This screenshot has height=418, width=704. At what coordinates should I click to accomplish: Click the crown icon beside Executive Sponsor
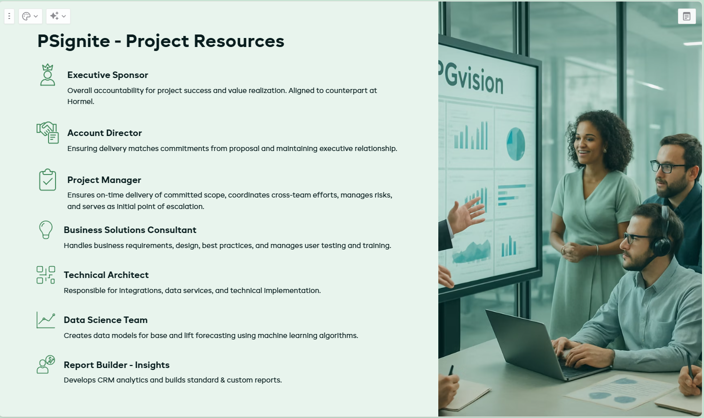pos(48,74)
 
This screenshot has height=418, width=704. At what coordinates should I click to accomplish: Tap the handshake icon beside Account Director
pos(48,132)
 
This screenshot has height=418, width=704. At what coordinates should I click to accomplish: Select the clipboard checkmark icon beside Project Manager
pos(48,179)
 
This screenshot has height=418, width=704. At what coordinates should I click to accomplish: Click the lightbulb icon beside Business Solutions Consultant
pos(46,229)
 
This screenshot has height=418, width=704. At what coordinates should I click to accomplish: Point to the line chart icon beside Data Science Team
pos(46,320)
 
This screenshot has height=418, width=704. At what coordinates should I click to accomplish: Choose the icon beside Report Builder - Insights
pos(46,364)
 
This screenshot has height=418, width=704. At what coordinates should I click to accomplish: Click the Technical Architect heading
pos(106,275)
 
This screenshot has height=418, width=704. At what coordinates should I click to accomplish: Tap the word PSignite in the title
pos(74,41)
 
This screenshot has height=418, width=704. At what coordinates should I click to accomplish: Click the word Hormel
pos(81,101)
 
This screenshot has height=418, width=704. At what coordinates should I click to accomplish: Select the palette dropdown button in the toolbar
pos(30,16)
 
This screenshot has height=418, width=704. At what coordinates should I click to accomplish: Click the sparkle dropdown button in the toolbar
pos(58,16)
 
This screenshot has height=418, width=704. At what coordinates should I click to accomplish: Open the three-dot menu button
pos(9,16)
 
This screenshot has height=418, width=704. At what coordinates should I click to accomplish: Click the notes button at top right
pos(686,16)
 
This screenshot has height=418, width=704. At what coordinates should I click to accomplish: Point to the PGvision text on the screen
pos(471,78)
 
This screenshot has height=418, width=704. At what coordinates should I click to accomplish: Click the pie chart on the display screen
pos(515,144)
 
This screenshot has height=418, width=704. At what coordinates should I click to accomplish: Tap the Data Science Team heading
pos(106,320)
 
